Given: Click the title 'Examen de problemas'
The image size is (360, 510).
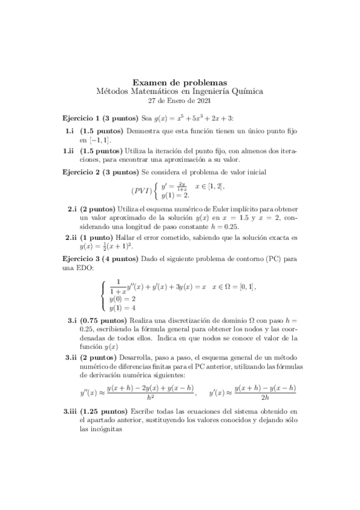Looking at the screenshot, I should point(179,82).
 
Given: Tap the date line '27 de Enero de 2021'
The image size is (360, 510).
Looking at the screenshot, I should point(179,100).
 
